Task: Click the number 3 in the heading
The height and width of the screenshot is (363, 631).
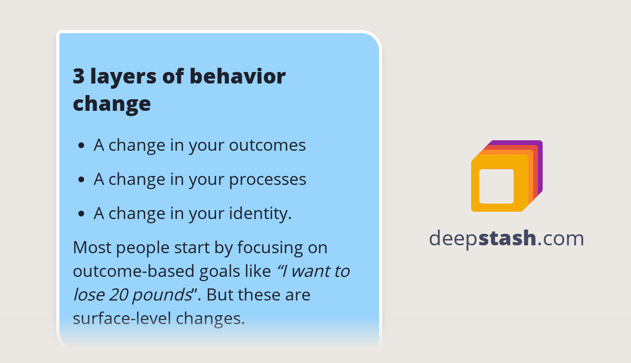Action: pos(78,77)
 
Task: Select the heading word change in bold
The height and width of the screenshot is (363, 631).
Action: pos(111,104)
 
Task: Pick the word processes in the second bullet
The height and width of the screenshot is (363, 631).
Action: pos(268,179)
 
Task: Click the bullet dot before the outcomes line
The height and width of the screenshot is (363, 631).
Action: pos(81,146)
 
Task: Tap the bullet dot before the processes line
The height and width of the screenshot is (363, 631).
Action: pos(81,180)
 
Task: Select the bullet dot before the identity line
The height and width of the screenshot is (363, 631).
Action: pos(81,214)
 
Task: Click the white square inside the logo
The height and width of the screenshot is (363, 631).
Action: pos(496,186)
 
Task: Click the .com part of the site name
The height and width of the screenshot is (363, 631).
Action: pos(561,238)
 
